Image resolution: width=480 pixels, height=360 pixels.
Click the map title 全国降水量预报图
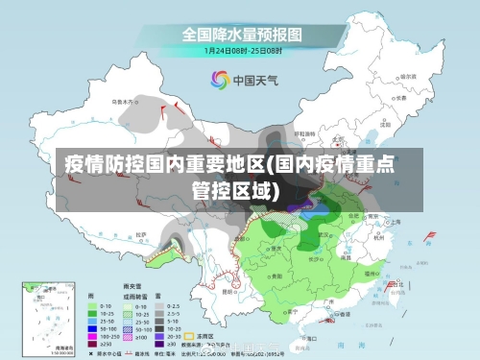pos(241,35)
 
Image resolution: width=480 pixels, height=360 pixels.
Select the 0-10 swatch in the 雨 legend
pos(92,306)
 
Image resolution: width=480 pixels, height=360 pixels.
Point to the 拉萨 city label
pos(141,233)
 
